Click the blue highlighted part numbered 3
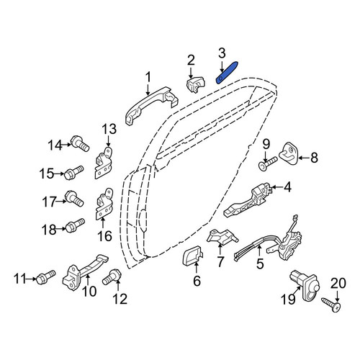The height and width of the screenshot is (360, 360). tap(227, 73)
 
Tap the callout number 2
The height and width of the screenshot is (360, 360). tap(191, 60)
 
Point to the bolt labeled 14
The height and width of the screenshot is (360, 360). tap(80, 143)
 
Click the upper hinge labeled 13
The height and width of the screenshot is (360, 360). tap(104, 163)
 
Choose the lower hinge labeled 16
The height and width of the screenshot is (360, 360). tap(104, 204)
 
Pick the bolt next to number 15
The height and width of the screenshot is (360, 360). tap(73, 173)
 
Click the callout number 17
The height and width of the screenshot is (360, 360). tap(49, 202)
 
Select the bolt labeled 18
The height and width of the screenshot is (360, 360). tap(75, 225)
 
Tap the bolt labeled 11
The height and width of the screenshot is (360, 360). tap(45, 277)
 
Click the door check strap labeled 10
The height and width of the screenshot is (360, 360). tap(85, 273)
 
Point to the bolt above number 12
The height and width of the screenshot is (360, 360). tap(112, 277)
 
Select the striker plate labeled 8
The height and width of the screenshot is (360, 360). tap(288, 153)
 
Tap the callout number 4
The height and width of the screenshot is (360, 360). tap(287, 187)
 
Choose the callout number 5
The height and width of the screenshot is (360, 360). tap(260, 264)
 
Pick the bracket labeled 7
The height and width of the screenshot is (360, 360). tap(222, 237)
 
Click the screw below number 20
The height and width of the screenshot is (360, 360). tap(331, 305)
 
